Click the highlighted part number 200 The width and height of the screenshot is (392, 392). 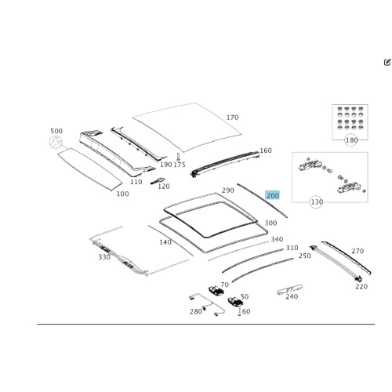click(x=273, y=195)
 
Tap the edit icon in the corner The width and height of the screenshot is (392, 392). click(x=387, y=62)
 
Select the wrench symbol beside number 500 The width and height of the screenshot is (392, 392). click(x=56, y=142)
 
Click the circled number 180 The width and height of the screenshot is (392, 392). click(x=351, y=140)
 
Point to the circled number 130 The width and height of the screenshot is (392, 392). click(x=317, y=201)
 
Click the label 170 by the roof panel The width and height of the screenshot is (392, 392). click(x=232, y=118)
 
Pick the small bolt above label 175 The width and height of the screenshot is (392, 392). click(x=179, y=157)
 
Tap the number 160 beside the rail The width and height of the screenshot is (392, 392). click(x=266, y=151)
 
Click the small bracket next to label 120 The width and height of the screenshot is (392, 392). click(x=158, y=181)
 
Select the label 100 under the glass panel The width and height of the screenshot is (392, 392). click(x=122, y=194)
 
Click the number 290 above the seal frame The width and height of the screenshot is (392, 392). click(x=227, y=191)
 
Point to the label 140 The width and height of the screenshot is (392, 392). click(x=165, y=242)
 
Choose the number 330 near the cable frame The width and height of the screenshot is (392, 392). click(x=104, y=257)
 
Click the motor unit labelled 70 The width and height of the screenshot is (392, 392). click(x=216, y=291)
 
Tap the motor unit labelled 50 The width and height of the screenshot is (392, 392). click(x=235, y=302)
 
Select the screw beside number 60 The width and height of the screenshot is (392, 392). click(x=239, y=312)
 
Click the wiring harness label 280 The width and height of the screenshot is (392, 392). click(x=196, y=311)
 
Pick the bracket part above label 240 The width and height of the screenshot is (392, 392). click(x=290, y=289)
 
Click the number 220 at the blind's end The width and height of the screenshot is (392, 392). click(x=361, y=286)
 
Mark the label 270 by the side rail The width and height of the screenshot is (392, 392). click(x=358, y=251)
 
